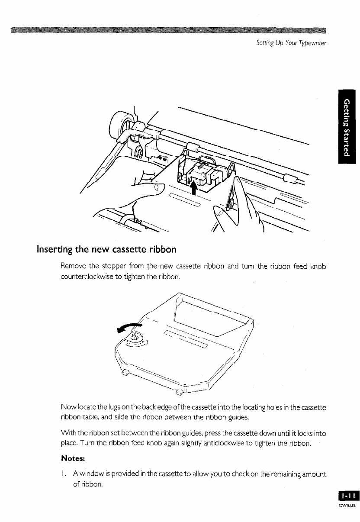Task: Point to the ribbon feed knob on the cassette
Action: [135, 337]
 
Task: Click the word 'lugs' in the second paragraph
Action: [114, 406]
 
